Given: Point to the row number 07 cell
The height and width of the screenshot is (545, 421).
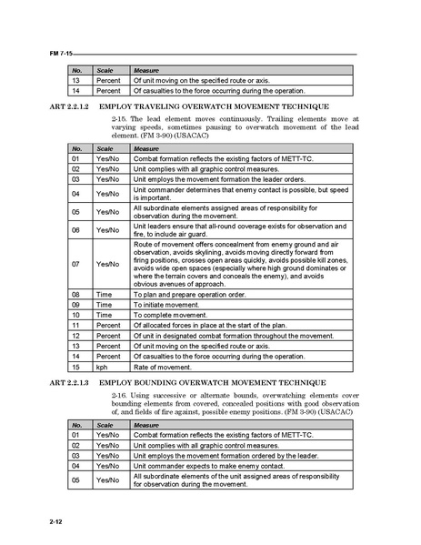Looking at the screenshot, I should click(76, 264).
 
